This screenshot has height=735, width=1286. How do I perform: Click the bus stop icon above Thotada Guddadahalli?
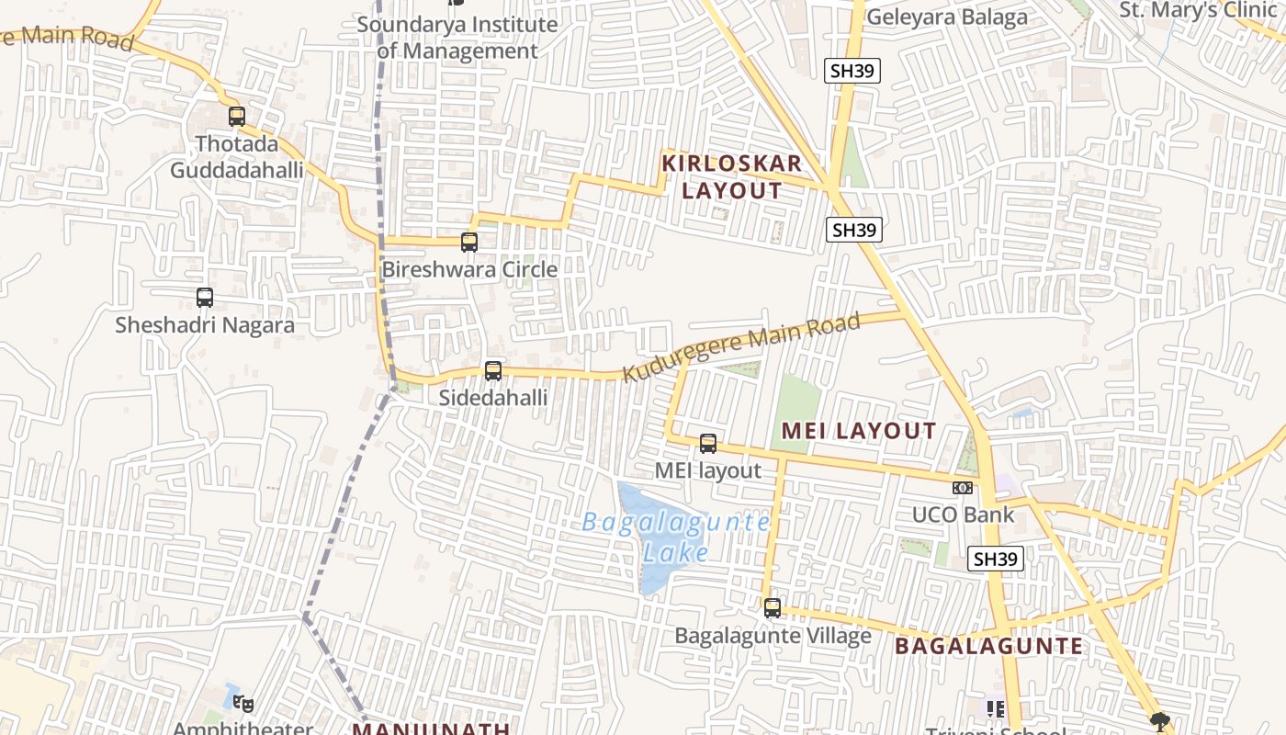[x=237, y=117]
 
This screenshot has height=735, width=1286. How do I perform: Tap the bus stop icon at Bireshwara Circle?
[x=469, y=243]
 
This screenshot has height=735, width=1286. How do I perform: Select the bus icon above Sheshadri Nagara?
[x=205, y=298]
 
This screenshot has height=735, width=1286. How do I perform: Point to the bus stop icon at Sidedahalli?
[x=493, y=371]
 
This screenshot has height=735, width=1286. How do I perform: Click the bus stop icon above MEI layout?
[x=708, y=444]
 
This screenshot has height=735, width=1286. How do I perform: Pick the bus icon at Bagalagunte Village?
[x=773, y=608]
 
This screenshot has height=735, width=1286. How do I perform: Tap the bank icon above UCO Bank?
[x=963, y=488]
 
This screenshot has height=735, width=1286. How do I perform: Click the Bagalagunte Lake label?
[x=676, y=537]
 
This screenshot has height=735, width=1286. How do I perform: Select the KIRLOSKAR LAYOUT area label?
[x=732, y=177]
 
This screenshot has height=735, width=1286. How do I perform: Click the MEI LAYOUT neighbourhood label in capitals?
[x=859, y=431]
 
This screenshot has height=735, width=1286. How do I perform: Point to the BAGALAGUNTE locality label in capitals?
[x=989, y=646]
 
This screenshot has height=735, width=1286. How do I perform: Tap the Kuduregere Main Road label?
[x=741, y=347]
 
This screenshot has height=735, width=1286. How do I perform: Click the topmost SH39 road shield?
[x=852, y=71]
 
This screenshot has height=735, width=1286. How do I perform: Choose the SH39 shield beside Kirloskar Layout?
[x=853, y=230]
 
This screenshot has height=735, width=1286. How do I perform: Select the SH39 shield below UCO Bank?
[x=996, y=559]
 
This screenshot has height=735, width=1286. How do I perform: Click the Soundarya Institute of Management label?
[x=457, y=38]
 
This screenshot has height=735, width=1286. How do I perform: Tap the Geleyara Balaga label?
[x=947, y=17]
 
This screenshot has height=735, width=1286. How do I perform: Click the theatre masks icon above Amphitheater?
[x=243, y=704]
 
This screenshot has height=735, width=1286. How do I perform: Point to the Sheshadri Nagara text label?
[x=205, y=325]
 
